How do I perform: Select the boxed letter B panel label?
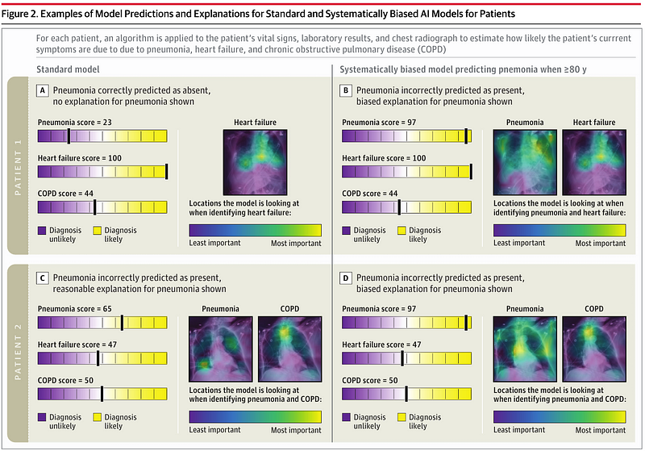pos(347,91)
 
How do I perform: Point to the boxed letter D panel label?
pos(347,278)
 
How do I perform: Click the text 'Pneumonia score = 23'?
pos(73,119)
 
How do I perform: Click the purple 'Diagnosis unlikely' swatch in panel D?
pos(347,420)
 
